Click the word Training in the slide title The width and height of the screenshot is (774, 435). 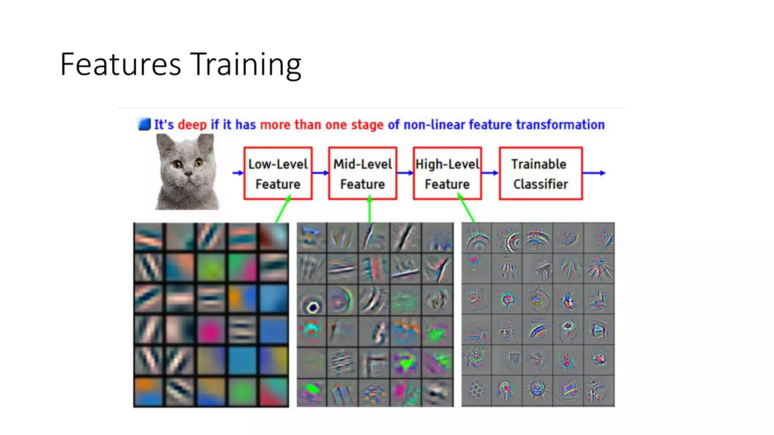(245, 65)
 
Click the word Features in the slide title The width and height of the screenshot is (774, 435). (121, 65)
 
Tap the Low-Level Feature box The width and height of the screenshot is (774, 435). (278, 173)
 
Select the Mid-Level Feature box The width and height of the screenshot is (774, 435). (362, 173)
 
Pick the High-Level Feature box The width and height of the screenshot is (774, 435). (447, 173)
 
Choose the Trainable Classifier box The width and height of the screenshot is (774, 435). (540, 173)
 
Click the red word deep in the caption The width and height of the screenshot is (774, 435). (192, 125)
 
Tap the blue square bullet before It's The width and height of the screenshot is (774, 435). (144, 124)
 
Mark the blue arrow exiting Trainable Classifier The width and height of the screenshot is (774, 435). (594, 173)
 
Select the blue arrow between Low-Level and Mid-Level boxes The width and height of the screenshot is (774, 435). (320, 173)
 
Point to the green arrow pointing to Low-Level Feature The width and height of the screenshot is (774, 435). (283, 210)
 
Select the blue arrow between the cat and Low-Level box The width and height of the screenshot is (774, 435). (238, 173)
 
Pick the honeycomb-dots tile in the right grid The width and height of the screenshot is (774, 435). (476, 390)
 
